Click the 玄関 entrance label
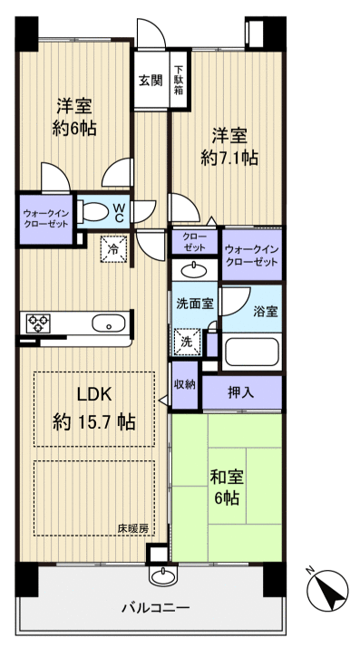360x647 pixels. click(x=151, y=80)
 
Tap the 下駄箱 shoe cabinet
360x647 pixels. click(x=180, y=80)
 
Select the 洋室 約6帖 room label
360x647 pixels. click(x=73, y=116)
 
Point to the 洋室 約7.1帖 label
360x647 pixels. click(x=229, y=146)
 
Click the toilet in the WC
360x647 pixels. click(x=93, y=212)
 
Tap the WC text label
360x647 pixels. click(x=120, y=212)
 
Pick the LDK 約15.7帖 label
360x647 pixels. click(x=94, y=409)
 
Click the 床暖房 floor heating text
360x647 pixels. click(x=131, y=527)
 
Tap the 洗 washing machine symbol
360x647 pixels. click(x=185, y=343)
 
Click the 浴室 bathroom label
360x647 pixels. click(x=265, y=311)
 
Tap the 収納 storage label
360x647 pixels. click(x=185, y=385)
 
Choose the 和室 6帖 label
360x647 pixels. click(x=227, y=487)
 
